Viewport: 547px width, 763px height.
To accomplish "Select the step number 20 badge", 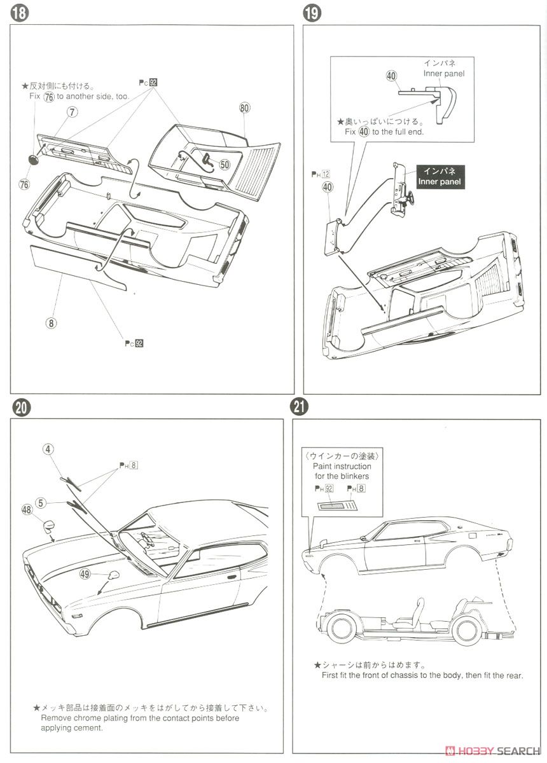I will pos(20,408).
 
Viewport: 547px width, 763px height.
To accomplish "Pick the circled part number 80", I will pos(246,107).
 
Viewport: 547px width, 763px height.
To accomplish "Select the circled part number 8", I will pos(52,322).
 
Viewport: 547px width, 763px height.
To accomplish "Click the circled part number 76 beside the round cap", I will pos(24,184).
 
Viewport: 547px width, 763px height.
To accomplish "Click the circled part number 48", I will pos(27,509).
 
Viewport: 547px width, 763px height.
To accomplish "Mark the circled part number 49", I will pos(85,575).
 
